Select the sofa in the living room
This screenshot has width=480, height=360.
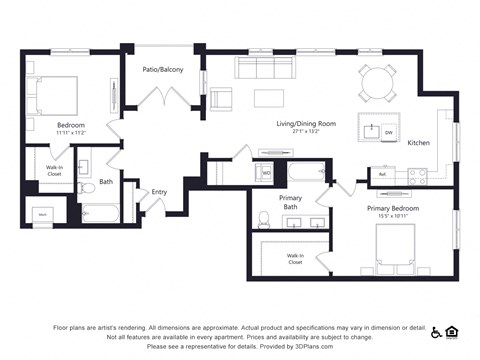[265, 68]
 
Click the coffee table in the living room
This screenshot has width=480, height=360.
[269, 98]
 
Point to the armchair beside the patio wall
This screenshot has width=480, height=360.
[220, 99]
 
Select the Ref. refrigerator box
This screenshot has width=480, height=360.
[381, 174]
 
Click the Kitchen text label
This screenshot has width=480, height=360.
[418, 143]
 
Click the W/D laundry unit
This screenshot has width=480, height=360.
[267, 172]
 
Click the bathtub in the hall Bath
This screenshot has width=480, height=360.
[100, 212]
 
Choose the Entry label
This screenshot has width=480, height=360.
[159, 192]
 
